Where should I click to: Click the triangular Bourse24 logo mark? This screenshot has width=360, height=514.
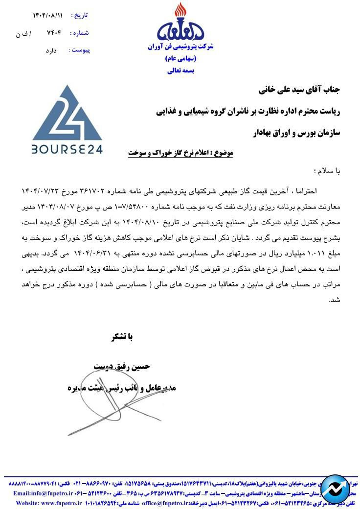tap(67, 113)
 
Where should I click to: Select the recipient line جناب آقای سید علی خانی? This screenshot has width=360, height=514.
tap(298, 91)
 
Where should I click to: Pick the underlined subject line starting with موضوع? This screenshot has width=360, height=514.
tap(180, 153)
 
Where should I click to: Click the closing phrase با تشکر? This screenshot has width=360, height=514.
tap(122, 337)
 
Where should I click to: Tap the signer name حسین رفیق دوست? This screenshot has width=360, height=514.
tap(122, 366)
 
